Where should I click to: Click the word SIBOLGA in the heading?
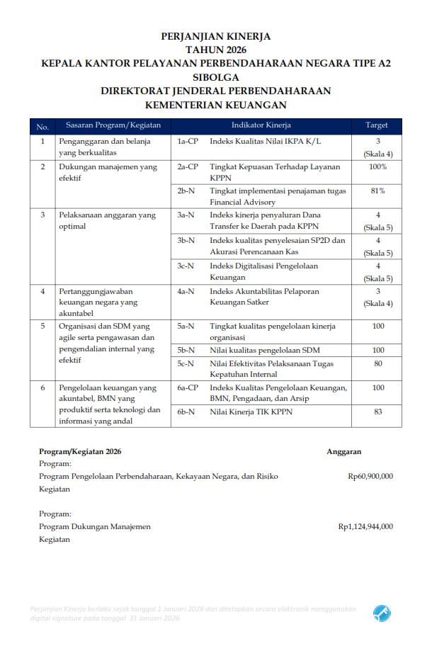click(216, 76)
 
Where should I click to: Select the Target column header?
click(376, 125)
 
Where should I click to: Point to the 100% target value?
click(377, 167)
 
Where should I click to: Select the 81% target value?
click(377, 191)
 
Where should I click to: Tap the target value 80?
click(377, 363)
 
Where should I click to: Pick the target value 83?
click(377, 412)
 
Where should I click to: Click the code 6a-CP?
click(188, 387)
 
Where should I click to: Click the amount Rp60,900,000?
click(370, 477)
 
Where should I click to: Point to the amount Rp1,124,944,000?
click(365, 526)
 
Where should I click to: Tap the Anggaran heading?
click(344, 451)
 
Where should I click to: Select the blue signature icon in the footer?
click(382, 613)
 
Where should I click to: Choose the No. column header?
click(42, 126)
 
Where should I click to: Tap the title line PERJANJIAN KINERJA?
click(216, 36)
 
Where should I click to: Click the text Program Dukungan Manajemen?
click(95, 526)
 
